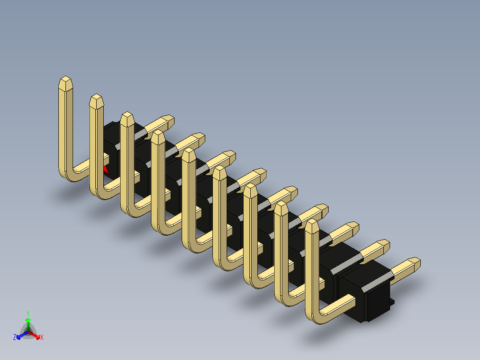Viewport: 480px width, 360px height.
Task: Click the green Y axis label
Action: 28,313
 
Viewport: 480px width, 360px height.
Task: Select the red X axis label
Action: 42,337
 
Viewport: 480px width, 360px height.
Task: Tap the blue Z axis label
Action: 15,337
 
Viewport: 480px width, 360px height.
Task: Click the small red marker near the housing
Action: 106,169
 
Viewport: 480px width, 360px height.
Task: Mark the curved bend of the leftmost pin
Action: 67,176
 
